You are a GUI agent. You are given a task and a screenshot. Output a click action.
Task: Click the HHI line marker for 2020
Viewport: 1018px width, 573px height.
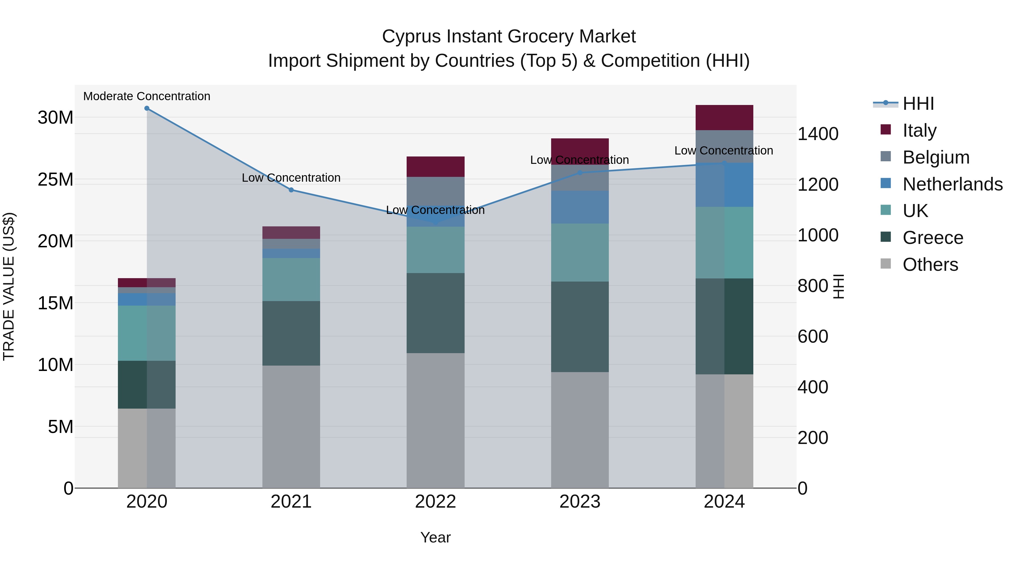(x=146, y=108)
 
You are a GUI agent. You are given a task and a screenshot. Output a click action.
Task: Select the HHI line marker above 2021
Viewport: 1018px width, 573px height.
(x=291, y=190)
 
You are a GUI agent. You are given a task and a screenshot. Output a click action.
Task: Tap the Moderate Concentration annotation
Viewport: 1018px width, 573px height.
(x=146, y=96)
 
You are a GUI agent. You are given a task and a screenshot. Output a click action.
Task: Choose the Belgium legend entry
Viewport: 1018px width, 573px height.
(x=935, y=157)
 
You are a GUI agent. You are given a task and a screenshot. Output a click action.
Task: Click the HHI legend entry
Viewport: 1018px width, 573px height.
(x=918, y=104)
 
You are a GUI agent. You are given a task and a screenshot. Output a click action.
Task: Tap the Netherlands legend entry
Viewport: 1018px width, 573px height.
(x=952, y=184)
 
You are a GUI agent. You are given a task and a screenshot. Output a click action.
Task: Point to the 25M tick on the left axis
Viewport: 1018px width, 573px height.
(x=55, y=179)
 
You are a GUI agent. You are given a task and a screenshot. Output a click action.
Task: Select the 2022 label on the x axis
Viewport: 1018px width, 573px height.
(x=435, y=502)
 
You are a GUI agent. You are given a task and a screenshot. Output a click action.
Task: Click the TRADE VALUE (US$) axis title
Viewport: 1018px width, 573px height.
(x=9, y=286)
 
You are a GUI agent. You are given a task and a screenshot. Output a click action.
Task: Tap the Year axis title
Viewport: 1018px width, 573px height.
(x=435, y=537)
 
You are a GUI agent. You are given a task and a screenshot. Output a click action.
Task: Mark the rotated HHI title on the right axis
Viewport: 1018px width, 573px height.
(x=838, y=286)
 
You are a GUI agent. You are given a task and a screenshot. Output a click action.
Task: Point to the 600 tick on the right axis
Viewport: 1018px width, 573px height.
(x=812, y=336)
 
